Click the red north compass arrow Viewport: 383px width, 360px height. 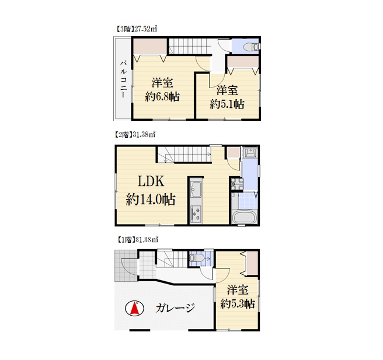pos(134,308)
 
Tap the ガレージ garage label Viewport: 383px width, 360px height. pos(175,308)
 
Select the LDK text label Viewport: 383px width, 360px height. pos(151,181)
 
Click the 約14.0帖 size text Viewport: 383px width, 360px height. pos(151,200)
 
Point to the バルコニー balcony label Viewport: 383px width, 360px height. pos(123,79)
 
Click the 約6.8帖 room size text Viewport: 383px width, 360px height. pos(162,97)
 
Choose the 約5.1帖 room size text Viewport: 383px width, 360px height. pos(227,104)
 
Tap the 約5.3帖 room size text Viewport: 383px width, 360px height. pos(238,303)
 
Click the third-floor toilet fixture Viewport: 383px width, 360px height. pos(251,47)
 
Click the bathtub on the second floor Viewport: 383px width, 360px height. pos(244,217)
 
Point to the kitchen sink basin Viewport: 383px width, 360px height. pos(196,189)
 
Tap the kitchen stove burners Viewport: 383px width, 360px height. pos(196,214)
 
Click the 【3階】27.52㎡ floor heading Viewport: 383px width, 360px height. pos(135,29)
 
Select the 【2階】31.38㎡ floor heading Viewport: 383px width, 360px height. pos(135,134)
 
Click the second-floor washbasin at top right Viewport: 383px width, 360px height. pos(250,152)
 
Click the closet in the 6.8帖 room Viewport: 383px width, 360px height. pos(150,46)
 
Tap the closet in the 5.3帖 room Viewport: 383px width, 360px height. pos(252,263)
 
